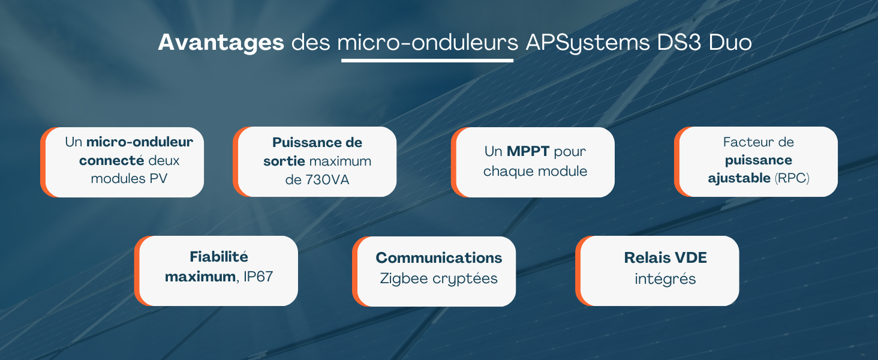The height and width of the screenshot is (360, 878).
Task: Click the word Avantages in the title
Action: [x=221, y=43]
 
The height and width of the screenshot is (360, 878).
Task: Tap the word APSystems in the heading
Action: [x=588, y=43]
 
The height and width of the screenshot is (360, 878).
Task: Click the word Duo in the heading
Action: [x=730, y=43]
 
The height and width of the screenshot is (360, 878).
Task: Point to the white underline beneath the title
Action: [x=427, y=61]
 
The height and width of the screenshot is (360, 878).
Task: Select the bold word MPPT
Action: [x=528, y=151]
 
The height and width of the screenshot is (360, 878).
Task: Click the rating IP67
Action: [x=258, y=277]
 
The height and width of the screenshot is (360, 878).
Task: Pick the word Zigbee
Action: [x=404, y=279]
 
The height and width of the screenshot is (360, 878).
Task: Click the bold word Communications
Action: [x=438, y=257]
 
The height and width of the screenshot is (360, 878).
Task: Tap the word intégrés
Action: [x=665, y=279]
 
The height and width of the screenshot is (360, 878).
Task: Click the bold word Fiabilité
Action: [x=219, y=256]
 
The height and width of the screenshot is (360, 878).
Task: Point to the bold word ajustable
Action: [x=739, y=178]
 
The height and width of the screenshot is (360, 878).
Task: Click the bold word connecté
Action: [x=112, y=160]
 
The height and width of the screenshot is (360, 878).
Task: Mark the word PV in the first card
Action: [x=158, y=178]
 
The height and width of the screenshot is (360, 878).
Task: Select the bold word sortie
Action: [x=284, y=161]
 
